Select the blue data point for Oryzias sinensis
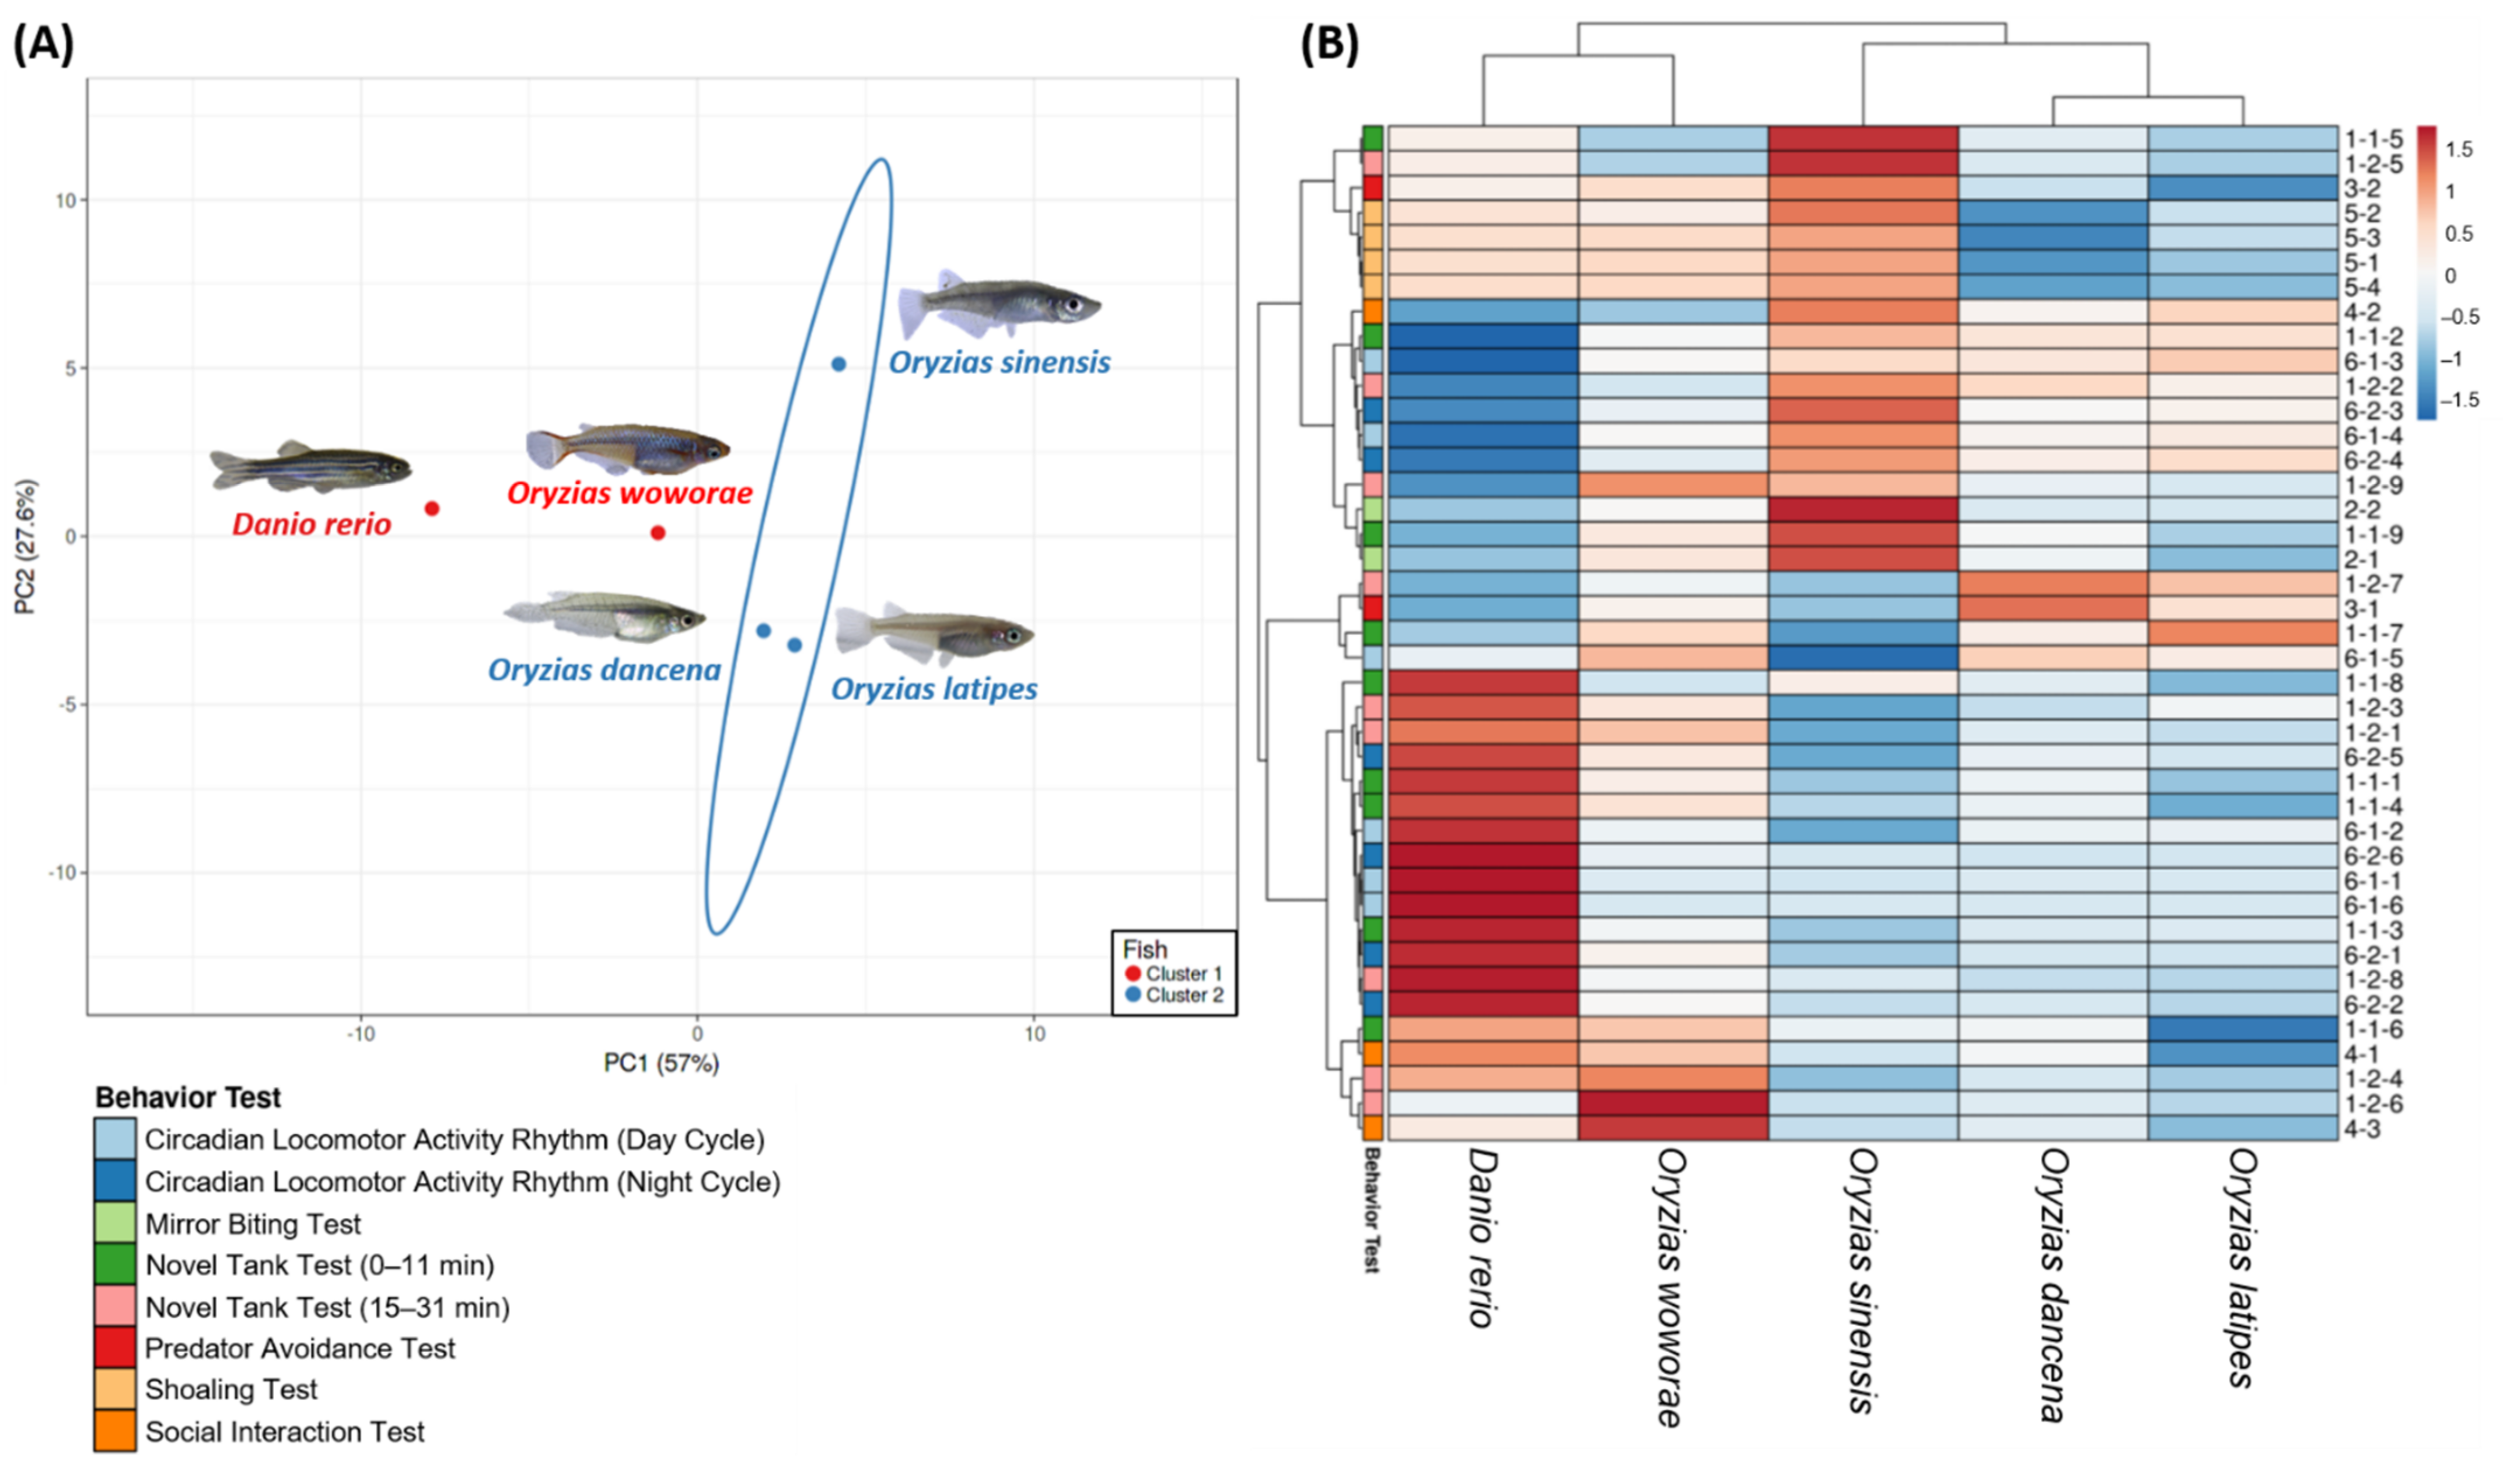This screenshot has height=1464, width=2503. tap(838, 365)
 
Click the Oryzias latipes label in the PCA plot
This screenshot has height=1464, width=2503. tap(934, 689)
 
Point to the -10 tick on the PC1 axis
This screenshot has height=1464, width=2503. tap(361, 1034)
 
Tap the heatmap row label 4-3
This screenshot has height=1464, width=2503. tap(2362, 1129)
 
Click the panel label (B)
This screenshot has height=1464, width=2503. tap(1329, 45)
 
